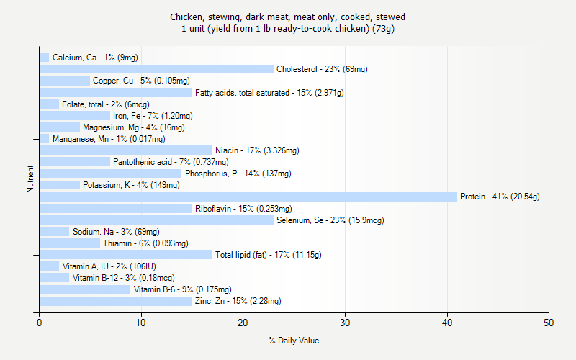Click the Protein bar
click(248, 197)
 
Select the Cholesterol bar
click(156, 69)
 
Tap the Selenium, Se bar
click(156, 220)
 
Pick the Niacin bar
click(126, 150)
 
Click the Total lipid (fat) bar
click(126, 255)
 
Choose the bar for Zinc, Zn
click(116, 301)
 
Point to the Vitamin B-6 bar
click(85, 289)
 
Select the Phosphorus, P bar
click(111, 174)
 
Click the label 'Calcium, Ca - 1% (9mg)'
click(95, 58)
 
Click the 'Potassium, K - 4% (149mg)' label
click(131, 185)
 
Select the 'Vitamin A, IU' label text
click(86, 266)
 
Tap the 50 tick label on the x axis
click(549, 322)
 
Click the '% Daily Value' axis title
click(294, 341)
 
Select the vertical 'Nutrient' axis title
click(30, 179)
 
